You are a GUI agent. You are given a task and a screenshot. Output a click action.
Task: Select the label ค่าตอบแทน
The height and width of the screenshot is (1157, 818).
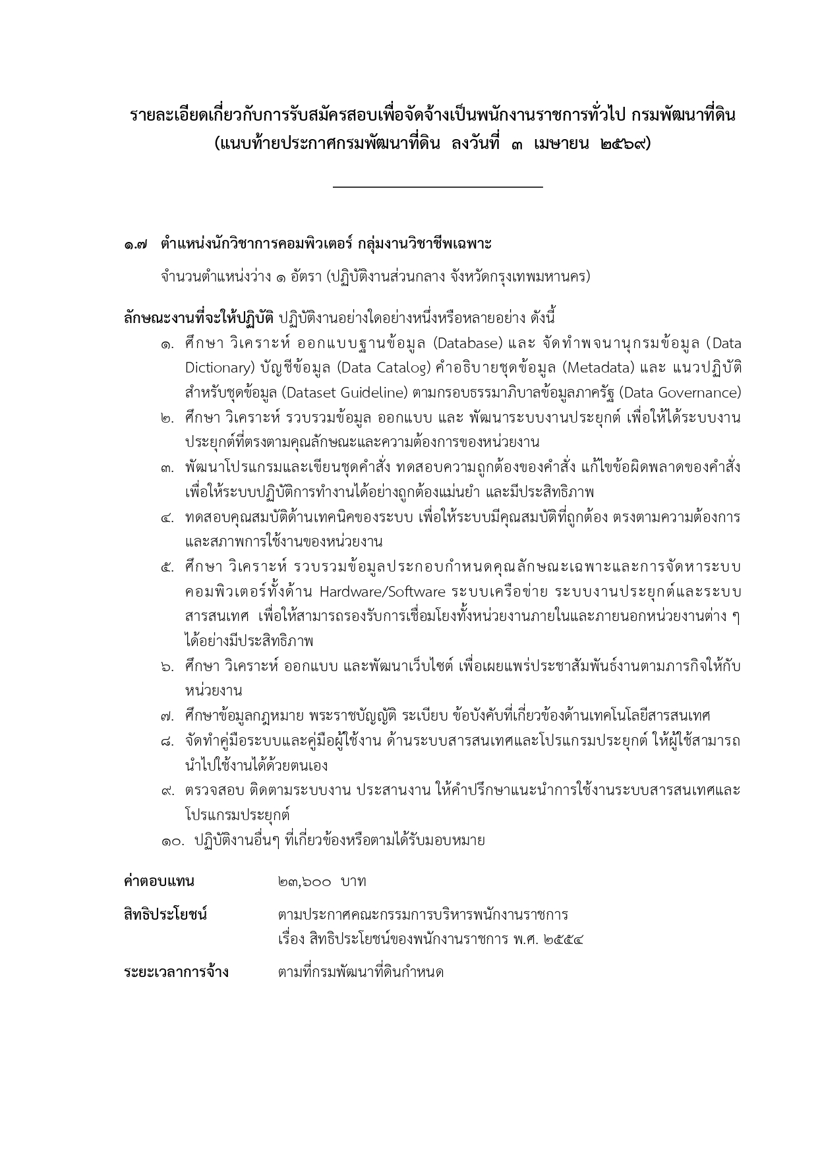(159, 882)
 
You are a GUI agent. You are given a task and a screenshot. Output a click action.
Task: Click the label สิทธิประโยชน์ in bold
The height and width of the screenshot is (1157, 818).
(165, 915)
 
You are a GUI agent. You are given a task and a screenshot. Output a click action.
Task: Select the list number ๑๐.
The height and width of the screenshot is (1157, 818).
(174, 841)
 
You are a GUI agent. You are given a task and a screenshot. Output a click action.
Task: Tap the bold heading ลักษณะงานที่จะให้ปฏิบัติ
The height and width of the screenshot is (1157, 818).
(198, 318)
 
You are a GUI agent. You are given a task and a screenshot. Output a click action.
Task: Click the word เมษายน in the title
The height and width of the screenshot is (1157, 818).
(562, 144)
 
